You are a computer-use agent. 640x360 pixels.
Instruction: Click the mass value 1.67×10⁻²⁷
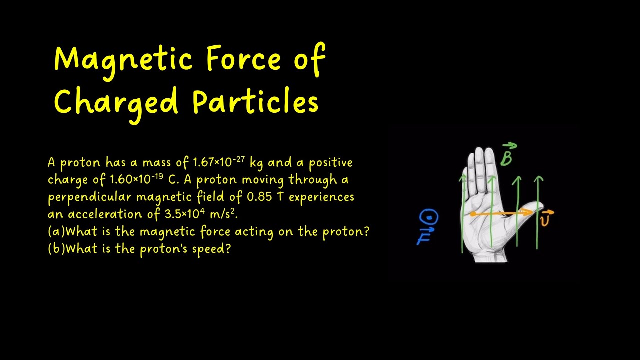(x=219, y=162)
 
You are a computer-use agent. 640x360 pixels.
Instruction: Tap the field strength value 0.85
(x=260, y=196)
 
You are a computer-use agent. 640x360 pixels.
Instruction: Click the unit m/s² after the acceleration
(x=223, y=214)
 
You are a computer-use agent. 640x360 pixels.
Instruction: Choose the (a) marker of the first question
(x=56, y=231)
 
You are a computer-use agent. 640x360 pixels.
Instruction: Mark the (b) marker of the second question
(x=56, y=248)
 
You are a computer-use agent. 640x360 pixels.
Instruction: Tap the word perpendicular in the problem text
(x=90, y=197)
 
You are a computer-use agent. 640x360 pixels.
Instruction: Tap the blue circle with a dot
(x=429, y=218)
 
